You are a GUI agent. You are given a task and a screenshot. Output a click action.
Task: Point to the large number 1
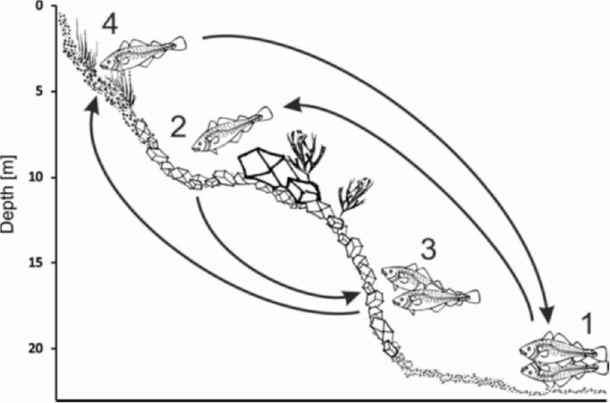pos(586,324)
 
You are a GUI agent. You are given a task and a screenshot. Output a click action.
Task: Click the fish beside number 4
pos(143,53)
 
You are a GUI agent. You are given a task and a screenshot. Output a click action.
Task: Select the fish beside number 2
pos(233,129)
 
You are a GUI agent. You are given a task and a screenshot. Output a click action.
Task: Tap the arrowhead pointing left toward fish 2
pos(293,105)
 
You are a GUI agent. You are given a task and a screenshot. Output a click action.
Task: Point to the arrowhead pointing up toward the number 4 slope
pos(91,105)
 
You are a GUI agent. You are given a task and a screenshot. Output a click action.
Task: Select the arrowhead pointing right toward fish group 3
pos(352,297)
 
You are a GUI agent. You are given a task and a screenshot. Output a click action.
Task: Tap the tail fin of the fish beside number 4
pos(180,43)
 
